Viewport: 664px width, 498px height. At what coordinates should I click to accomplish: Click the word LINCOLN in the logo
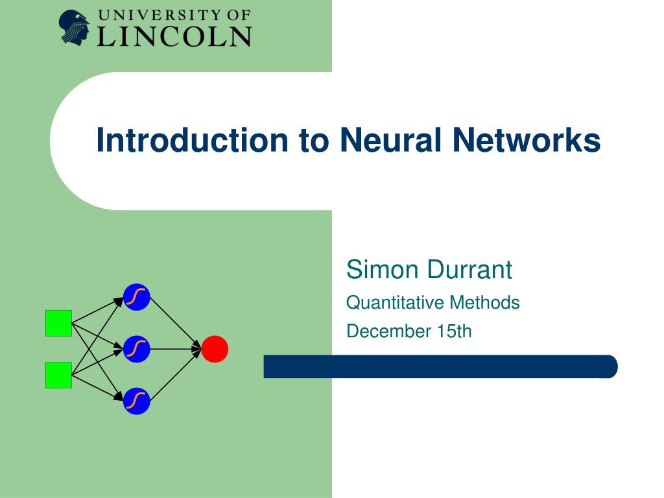pyautogui.click(x=174, y=36)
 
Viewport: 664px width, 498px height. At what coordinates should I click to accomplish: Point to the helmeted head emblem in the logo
pyautogui.click(x=75, y=27)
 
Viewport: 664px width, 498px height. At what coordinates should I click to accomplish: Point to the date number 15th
pyautogui.click(x=454, y=331)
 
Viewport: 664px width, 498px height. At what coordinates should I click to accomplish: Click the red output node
pyautogui.click(x=215, y=350)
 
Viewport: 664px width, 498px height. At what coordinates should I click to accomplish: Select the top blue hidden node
pyautogui.click(x=137, y=297)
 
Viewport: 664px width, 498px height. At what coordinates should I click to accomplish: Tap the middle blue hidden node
pyautogui.click(x=137, y=350)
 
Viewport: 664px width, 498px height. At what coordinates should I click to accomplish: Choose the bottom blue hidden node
pyautogui.click(x=137, y=401)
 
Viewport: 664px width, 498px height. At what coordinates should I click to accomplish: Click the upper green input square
pyautogui.click(x=58, y=323)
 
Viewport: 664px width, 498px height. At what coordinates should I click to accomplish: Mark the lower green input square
pyautogui.click(x=58, y=375)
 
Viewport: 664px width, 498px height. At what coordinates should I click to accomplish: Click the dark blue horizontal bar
pyautogui.click(x=440, y=366)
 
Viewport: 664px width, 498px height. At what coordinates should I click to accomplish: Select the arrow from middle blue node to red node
pyautogui.click(x=176, y=350)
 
